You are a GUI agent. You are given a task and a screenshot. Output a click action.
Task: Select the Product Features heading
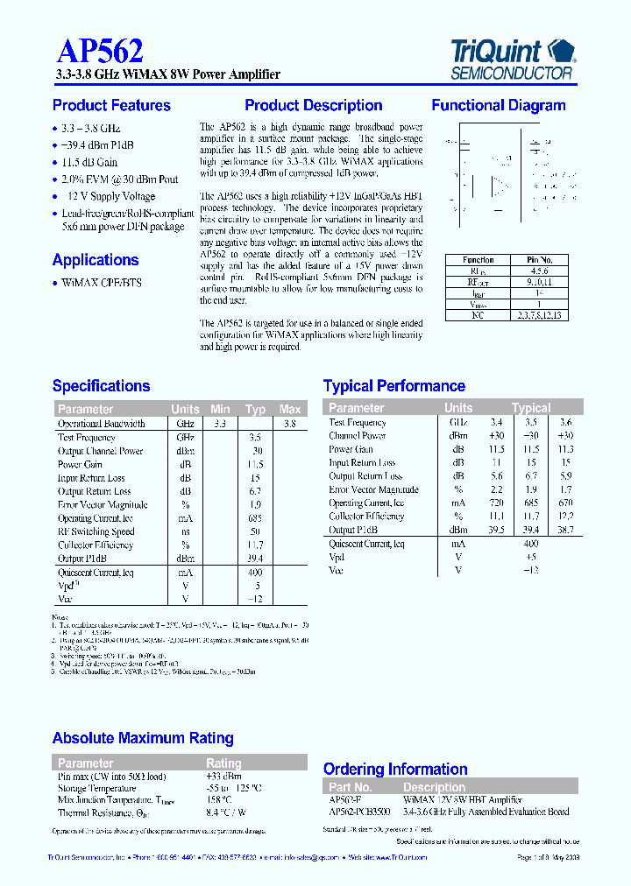[111, 106]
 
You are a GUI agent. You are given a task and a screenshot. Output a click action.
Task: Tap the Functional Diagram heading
[498, 106]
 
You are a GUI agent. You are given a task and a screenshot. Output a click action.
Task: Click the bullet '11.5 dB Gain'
[89, 163]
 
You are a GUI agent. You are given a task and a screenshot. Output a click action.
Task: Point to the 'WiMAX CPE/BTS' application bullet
[102, 283]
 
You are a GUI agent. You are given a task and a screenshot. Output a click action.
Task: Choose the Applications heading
[96, 260]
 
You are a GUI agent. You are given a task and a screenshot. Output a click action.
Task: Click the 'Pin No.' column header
[540, 260]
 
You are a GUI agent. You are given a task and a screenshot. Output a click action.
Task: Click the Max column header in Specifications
[290, 409]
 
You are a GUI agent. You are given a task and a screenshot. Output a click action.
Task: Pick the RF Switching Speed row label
[96, 531]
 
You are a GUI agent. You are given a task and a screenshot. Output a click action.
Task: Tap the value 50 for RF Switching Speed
[255, 531]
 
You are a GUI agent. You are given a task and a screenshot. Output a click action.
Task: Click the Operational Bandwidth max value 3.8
[290, 423]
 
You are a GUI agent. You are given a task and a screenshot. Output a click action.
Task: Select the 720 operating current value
[497, 503]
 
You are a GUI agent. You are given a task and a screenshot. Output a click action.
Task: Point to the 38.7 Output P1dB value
[565, 531]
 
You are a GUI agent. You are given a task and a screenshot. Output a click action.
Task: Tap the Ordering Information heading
[396, 769]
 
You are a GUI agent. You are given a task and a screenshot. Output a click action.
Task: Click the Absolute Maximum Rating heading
[143, 738]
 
